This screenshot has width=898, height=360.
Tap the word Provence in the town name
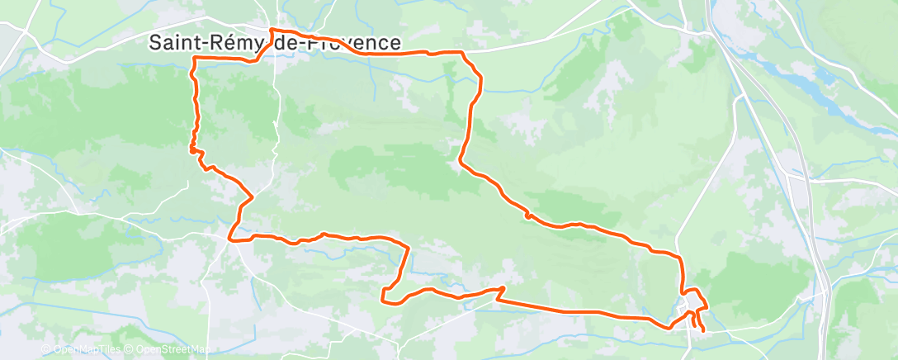coord(354,43)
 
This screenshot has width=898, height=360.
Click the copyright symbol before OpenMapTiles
coord(45,349)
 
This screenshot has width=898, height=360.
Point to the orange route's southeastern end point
coord(703,331)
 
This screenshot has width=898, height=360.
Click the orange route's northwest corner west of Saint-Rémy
coord(194,60)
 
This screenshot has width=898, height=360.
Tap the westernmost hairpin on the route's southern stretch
coord(382,296)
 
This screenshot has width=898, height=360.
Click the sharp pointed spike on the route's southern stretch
coord(502,288)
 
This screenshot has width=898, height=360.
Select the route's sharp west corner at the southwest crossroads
coord(230,240)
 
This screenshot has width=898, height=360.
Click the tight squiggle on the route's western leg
coord(193,149)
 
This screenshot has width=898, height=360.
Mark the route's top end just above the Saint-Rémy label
coord(272,31)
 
